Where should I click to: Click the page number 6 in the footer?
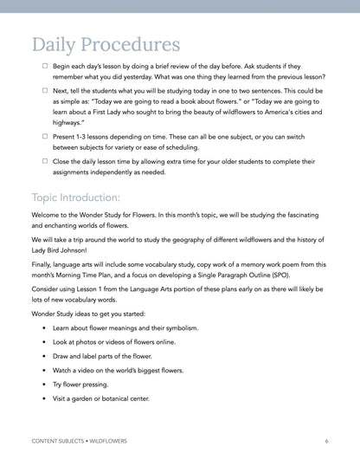click(326, 441)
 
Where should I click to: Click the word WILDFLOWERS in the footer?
click(108, 441)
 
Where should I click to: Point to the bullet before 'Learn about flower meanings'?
click(44, 328)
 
